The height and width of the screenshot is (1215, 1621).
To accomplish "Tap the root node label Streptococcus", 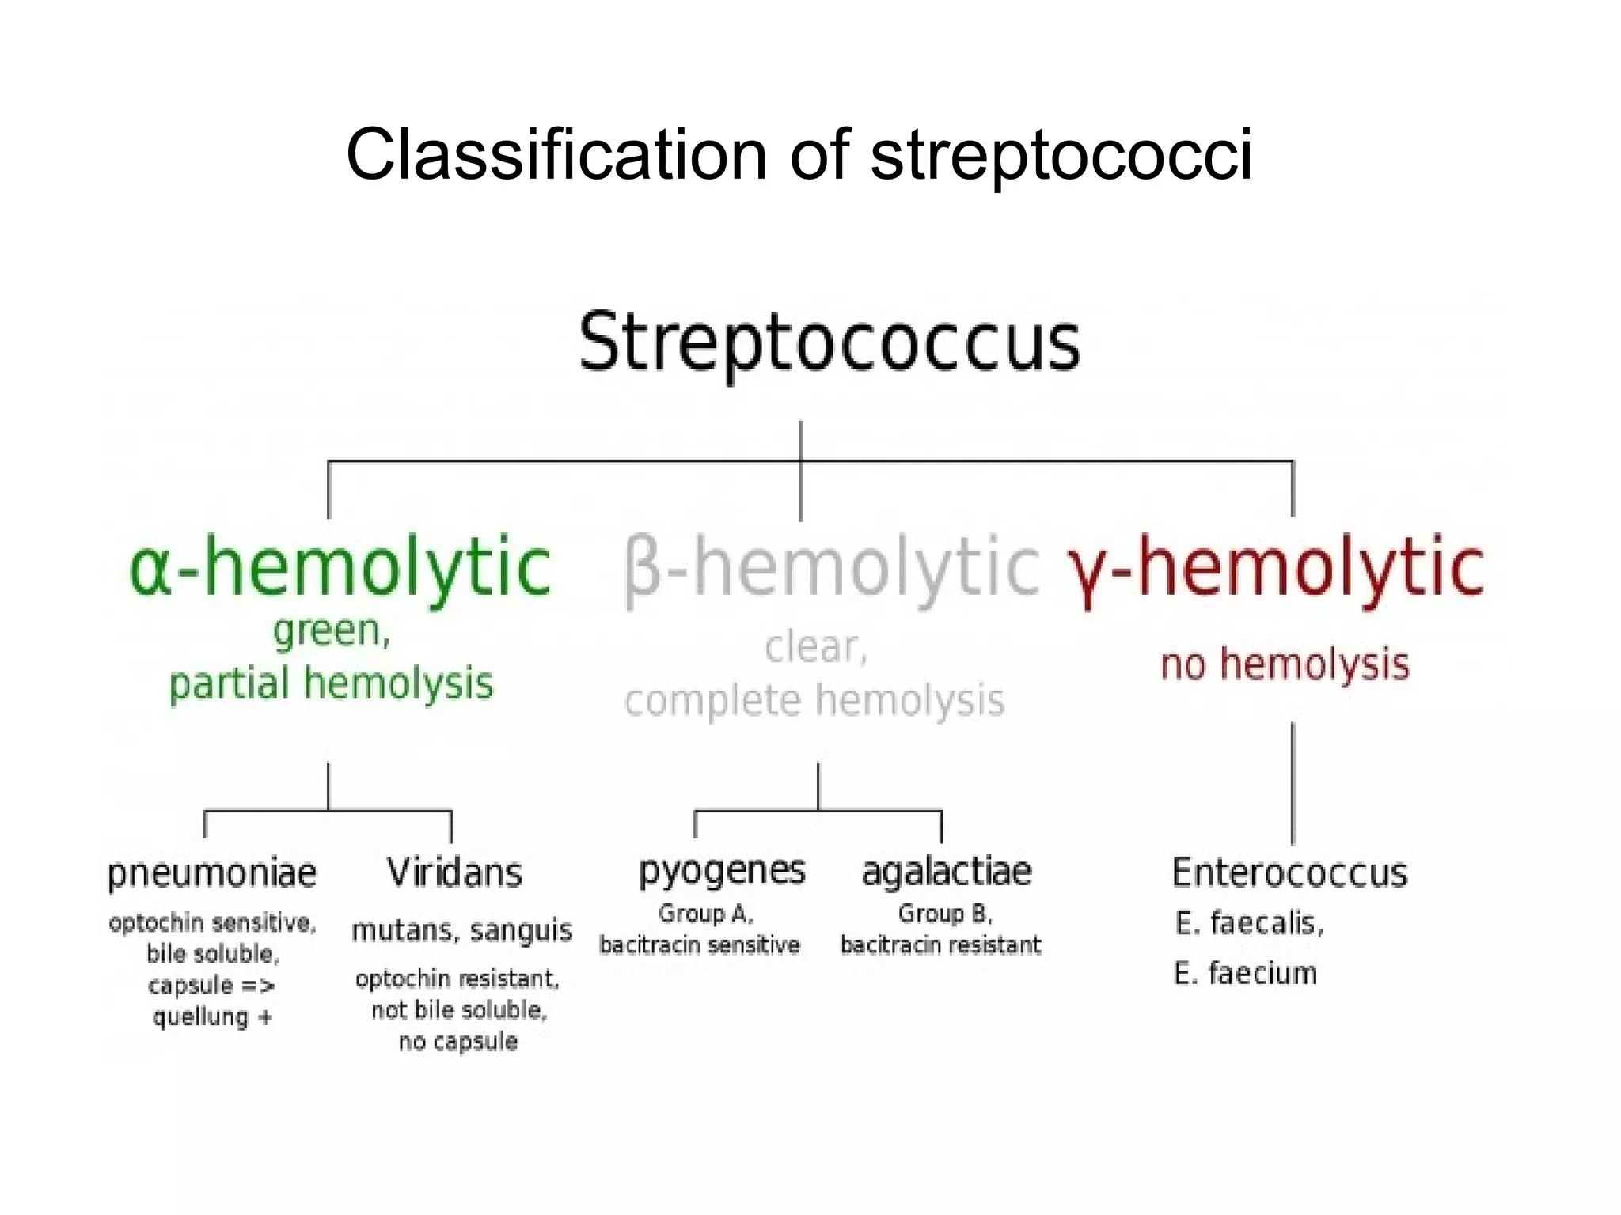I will point(829,342).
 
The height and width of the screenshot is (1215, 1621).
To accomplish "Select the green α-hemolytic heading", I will point(340,566).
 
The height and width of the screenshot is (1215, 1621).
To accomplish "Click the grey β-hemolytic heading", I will point(831,566).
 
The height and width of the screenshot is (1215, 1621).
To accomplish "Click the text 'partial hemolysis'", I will point(331,683).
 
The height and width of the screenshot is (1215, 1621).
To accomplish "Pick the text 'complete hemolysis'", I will point(814,701).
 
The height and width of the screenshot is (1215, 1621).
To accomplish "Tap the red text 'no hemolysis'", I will point(1285,664).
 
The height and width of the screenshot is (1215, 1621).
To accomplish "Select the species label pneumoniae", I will point(211,873).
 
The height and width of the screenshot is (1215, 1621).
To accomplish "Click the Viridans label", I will point(454,873).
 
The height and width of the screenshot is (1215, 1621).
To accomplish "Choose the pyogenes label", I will point(722,871).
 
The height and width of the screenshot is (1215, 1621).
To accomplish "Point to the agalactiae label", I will point(946,872).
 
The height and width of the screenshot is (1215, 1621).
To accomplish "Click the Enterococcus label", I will point(1289,873).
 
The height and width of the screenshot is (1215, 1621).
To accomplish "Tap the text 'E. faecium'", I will point(1245,973).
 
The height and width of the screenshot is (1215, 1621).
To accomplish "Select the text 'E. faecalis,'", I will point(1249,923).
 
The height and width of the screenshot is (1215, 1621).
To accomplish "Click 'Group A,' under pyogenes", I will point(705,914).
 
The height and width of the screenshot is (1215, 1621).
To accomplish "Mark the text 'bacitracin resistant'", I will point(940,945).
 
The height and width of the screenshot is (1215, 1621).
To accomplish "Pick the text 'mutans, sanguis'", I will point(461,930).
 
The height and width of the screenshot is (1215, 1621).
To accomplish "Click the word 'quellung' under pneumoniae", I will point(200,1016).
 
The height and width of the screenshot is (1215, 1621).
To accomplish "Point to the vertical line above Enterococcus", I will point(1293,783).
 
